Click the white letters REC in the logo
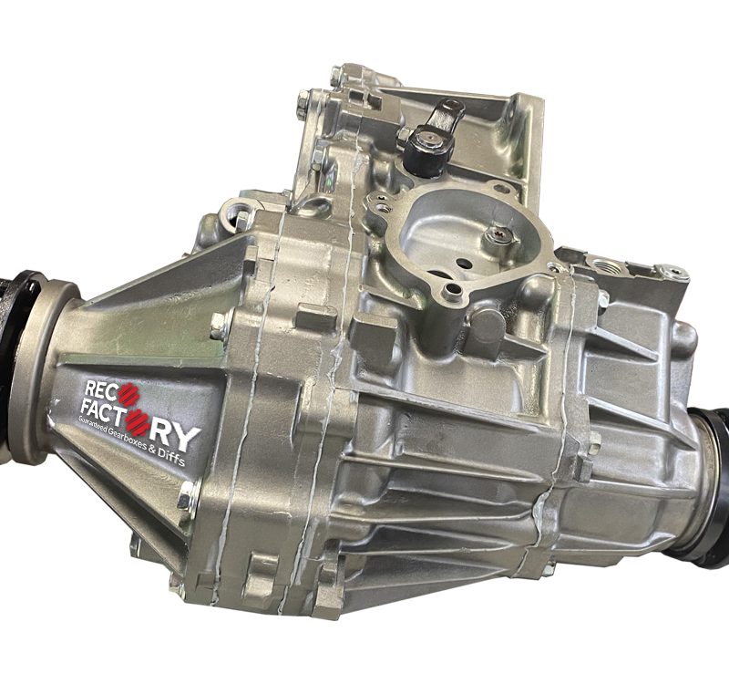[100, 389]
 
